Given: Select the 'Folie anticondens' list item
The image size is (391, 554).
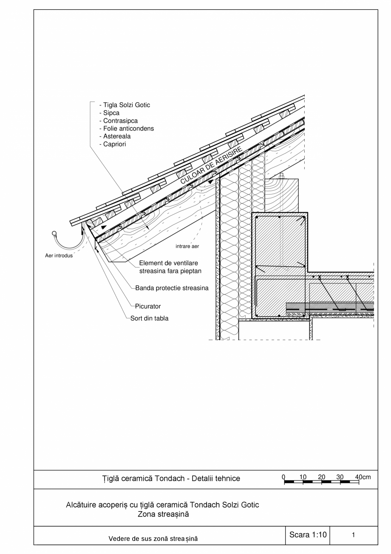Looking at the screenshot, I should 126,129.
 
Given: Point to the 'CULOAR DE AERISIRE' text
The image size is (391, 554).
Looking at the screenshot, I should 211,165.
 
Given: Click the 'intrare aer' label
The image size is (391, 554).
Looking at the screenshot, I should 187,246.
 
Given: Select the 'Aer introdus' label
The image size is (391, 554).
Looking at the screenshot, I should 59,256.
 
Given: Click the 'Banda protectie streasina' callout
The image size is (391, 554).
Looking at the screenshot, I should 172,288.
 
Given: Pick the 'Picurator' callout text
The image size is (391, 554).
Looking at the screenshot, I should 148,306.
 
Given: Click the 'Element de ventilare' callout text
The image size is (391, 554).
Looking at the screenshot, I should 168,263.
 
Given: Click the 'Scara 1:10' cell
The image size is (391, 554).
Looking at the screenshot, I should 307,535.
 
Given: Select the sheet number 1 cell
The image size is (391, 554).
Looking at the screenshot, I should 353,535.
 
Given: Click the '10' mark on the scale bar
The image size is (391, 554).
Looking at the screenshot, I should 303,477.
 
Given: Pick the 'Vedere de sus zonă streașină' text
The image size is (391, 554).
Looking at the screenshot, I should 153,539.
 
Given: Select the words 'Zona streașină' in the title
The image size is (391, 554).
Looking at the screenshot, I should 163,514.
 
